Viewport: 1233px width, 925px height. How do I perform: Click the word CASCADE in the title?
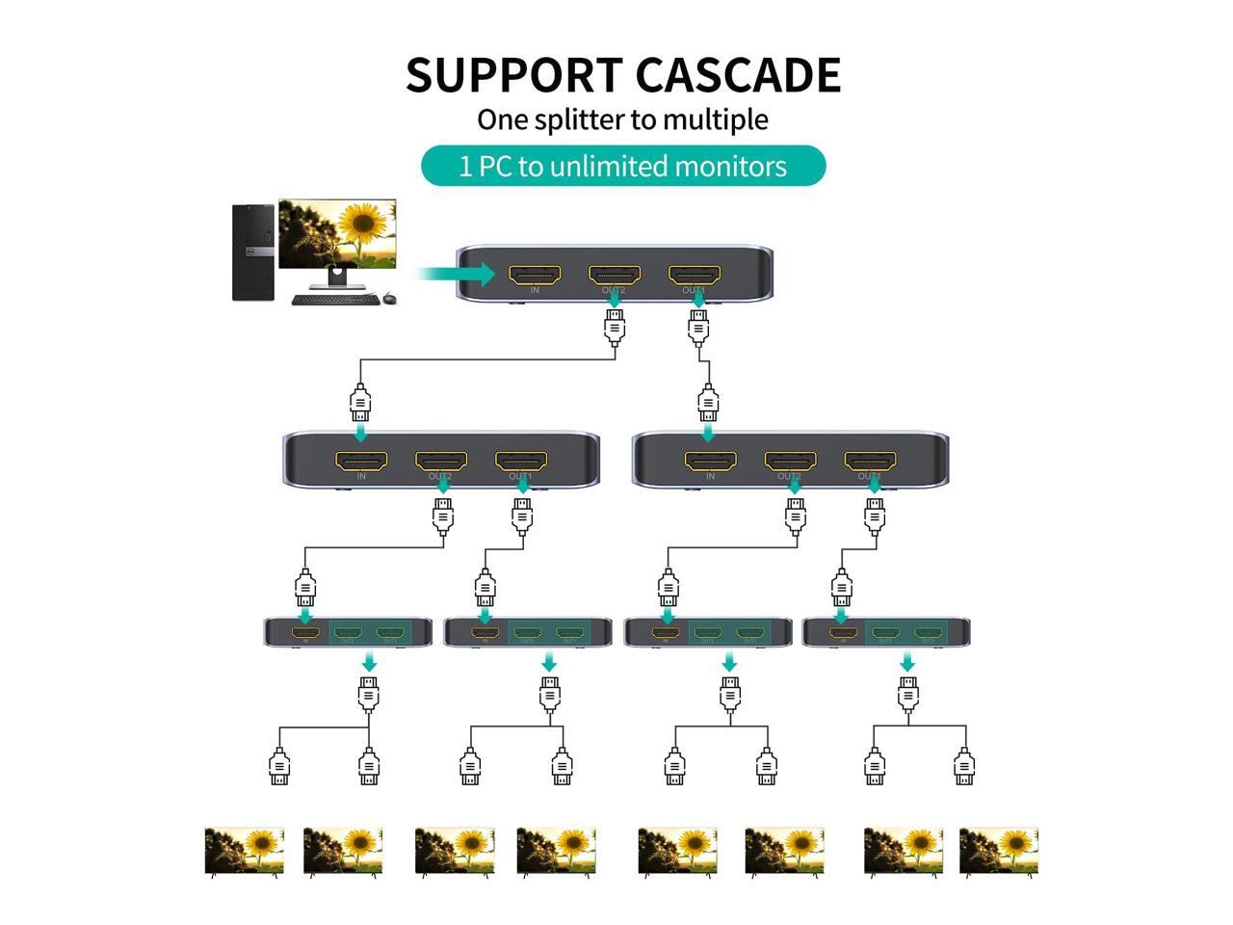(738, 75)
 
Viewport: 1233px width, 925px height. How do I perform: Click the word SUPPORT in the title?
(513, 75)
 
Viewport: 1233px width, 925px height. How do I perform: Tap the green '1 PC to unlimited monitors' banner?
(623, 166)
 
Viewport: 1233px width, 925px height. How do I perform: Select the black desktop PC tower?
(253, 251)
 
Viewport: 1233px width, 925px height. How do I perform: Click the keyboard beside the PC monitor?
(334, 300)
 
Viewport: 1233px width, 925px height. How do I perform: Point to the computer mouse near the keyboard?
(389, 298)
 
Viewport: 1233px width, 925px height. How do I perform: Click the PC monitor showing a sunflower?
(337, 235)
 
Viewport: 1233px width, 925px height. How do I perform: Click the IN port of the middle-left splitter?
(361, 461)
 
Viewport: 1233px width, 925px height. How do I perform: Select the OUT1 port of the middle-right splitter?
(869, 461)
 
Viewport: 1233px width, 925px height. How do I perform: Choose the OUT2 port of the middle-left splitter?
(441, 461)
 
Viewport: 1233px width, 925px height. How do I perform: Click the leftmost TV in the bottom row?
(245, 851)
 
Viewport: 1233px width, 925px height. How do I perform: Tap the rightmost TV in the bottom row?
(999, 851)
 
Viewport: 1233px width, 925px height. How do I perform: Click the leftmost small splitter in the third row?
(349, 633)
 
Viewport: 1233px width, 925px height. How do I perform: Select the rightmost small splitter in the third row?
(886, 633)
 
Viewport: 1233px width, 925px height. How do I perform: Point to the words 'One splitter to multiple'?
(623, 119)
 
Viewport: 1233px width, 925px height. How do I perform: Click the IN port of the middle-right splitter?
(710, 461)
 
